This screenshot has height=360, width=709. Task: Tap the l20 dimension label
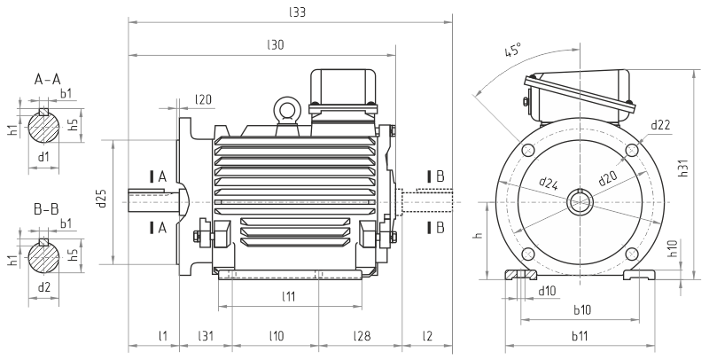tap(203, 99)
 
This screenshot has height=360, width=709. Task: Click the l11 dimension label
tap(289, 295)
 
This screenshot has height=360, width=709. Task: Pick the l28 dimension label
tap(362, 335)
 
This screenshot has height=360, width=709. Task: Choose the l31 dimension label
tap(205, 335)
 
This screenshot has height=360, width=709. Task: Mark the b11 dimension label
tap(580, 335)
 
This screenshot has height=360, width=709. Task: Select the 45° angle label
tap(512, 51)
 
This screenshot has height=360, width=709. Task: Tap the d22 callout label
tap(659, 125)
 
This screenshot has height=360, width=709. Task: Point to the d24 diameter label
tap(549, 184)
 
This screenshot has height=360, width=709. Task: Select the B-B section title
tap(46, 209)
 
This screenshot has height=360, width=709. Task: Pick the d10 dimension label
tap(547, 290)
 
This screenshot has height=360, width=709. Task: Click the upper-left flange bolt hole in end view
tap(529, 150)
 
